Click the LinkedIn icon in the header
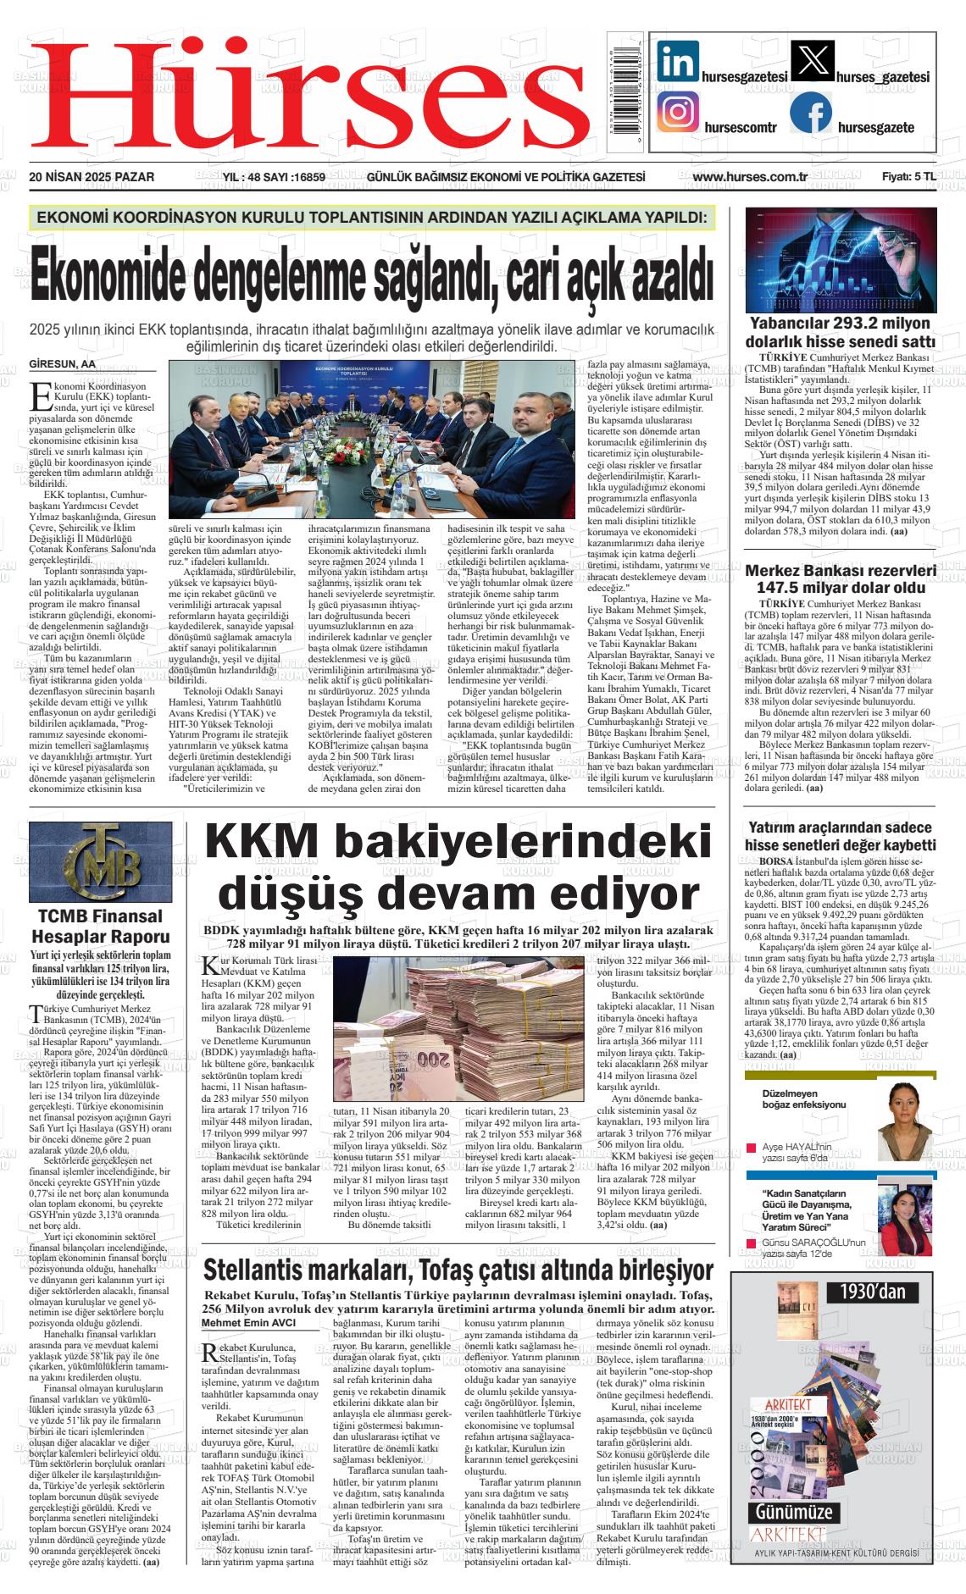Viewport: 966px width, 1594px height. point(678,62)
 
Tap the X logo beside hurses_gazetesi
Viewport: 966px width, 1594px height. point(811,62)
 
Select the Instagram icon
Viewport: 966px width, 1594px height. point(678,113)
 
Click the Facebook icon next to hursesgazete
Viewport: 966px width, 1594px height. point(811,113)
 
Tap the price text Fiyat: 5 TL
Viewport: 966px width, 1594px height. point(908,177)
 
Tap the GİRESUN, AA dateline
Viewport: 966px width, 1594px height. point(63,363)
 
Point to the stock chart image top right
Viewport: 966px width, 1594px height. point(840,260)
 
